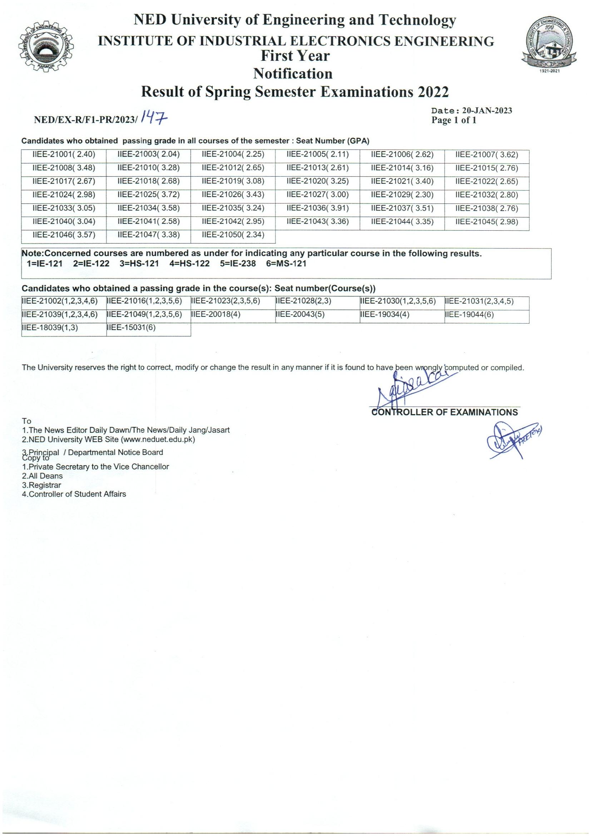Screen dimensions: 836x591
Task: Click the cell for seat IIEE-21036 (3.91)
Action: pos(317,208)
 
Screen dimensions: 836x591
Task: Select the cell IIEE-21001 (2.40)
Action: pos(64,154)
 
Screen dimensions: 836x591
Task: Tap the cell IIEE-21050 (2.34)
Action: pos(233,235)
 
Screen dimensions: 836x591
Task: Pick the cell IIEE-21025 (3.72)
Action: pos(149,195)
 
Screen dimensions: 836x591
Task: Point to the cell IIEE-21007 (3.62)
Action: pos(487,154)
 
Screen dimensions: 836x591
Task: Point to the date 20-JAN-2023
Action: pos(487,111)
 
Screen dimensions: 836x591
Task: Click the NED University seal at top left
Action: pos(46,49)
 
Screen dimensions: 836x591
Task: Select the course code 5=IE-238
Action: pos(238,264)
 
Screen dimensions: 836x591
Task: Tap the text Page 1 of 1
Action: pos(454,121)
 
